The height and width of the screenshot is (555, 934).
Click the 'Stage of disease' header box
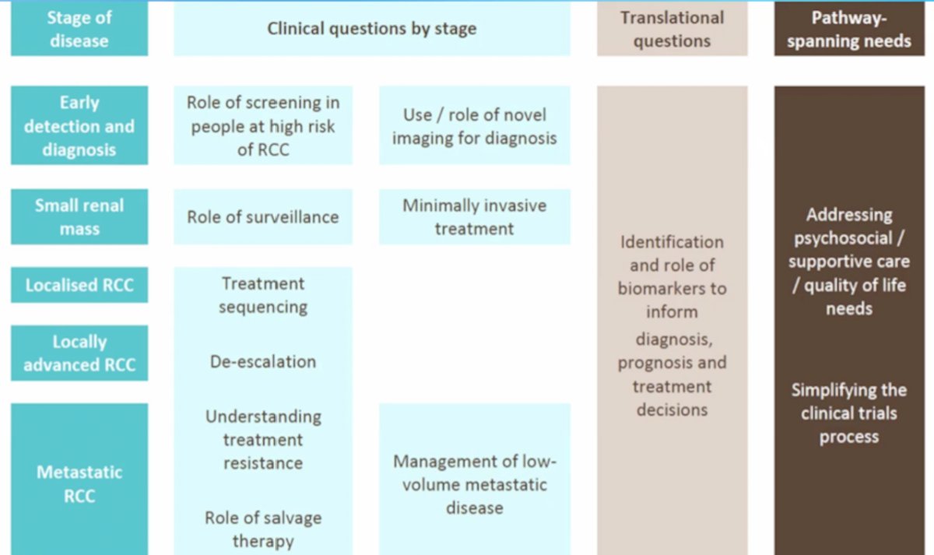[79, 28]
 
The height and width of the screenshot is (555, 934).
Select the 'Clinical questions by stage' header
[372, 28]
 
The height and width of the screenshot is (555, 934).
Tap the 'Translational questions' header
[672, 28]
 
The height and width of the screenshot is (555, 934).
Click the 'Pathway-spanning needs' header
[849, 28]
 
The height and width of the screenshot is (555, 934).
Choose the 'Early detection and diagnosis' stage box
[79, 125]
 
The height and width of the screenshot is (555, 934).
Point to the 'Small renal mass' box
[79, 217]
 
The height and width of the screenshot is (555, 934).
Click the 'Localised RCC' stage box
[79, 285]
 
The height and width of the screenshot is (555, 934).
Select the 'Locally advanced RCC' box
[79, 353]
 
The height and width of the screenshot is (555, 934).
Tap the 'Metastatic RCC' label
[79, 483]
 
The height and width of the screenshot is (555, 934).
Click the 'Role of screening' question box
[263, 125]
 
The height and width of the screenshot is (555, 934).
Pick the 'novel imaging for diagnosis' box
[475, 125]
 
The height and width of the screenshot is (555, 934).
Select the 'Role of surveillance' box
[263, 217]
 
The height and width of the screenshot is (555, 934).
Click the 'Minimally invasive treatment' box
[475, 217]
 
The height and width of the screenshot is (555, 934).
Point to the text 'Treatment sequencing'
[263, 295]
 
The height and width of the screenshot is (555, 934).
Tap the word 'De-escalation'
[263, 361]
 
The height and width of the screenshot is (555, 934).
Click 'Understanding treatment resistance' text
[263, 440]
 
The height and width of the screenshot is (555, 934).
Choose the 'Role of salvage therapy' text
[263, 529]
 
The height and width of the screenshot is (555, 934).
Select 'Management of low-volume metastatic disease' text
[475, 484]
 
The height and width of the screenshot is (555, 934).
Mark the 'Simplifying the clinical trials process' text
[849, 413]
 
